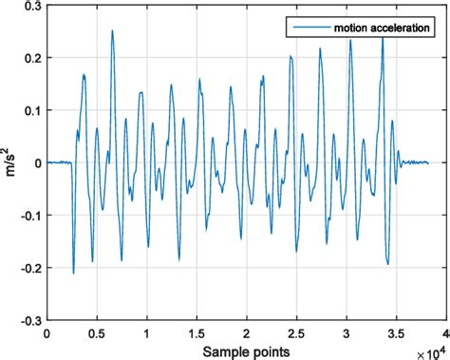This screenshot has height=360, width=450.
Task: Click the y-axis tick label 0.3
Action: [31, 6]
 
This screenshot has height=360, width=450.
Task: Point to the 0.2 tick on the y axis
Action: [31, 58]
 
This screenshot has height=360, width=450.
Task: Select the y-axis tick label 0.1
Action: [31, 110]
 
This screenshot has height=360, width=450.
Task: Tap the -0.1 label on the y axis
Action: [29, 216]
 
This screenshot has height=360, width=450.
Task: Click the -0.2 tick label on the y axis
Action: [29, 268]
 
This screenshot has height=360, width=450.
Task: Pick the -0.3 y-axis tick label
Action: [29, 320]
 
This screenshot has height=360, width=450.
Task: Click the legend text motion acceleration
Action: [371, 28]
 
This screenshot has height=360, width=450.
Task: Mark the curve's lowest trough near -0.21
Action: [73, 274]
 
